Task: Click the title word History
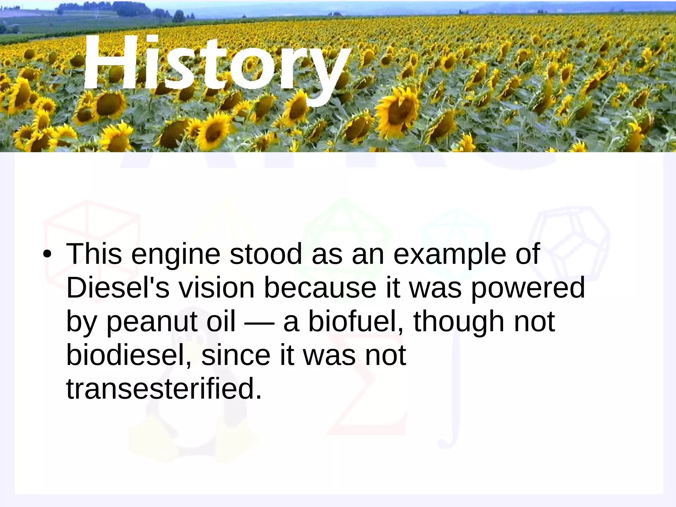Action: pyautogui.click(x=216, y=64)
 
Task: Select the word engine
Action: pyautogui.click(x=176, y=254)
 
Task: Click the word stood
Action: pyautogui.click(x=266, y=254)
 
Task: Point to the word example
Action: pyautogui.click(x=450, y=254)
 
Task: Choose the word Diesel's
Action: pyautogui.click(x=118, y=288)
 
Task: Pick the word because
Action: pyautogui.click(x=320, y=288)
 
